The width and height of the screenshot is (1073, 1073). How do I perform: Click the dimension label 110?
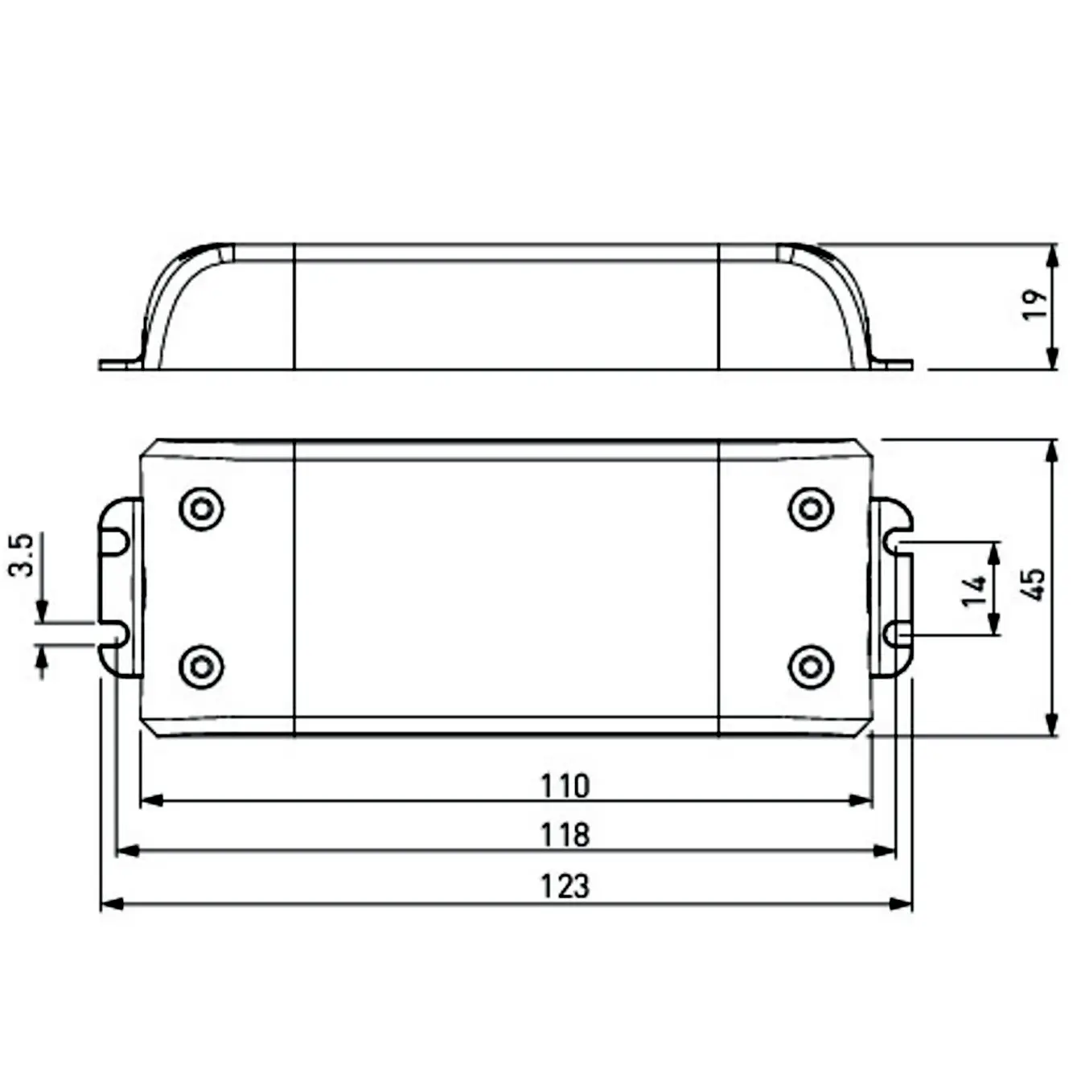click(564, 785)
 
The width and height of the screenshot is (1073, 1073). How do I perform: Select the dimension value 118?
click(564, 835)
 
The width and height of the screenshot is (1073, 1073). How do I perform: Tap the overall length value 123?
click(564, 886)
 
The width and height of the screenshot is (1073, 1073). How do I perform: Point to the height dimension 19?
click(1035, 305)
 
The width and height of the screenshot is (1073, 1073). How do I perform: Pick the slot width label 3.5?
click(22, 554)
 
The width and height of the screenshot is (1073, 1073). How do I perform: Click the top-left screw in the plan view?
click(201, 508)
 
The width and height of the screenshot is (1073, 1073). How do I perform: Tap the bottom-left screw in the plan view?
click(201, 667)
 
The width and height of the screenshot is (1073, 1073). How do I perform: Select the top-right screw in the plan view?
click(811, 508)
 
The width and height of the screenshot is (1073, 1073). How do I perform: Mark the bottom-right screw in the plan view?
click(811, 667)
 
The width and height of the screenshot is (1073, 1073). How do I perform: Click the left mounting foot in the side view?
click(120, 364)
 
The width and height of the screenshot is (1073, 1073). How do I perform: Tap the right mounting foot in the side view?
click(893, 364)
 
